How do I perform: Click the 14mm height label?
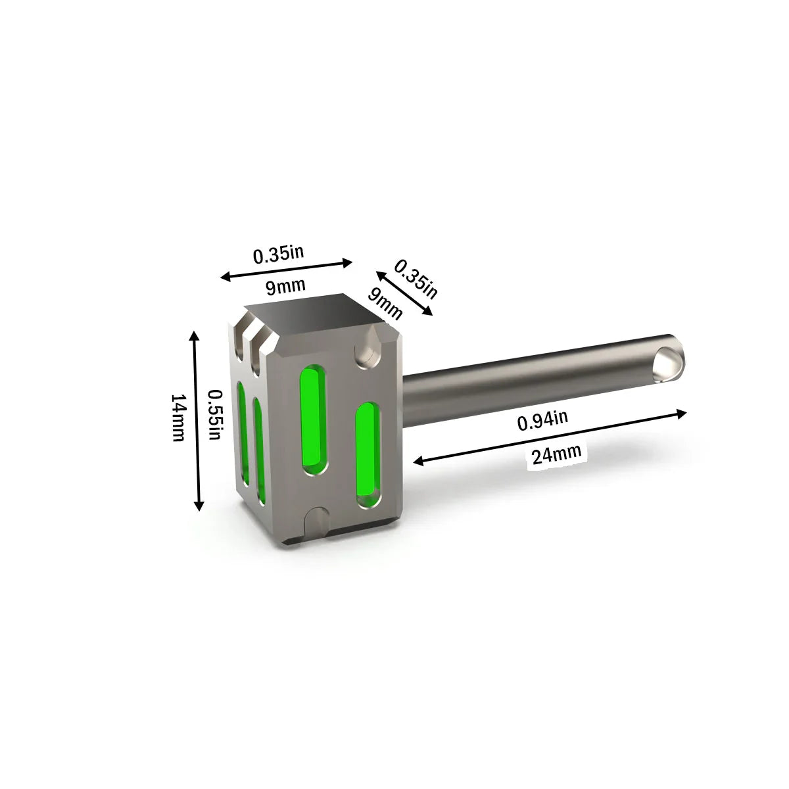pos(179,418)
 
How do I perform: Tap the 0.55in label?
pos(215,414)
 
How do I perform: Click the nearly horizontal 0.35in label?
pos(278,254)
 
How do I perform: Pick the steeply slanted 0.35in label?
pos(416,279)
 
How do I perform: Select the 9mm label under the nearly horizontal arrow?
pos(285,286)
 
